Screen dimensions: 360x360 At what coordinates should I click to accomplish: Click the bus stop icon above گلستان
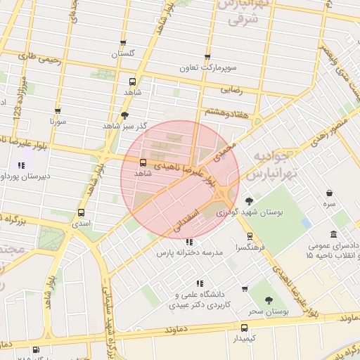(x=123, y=44)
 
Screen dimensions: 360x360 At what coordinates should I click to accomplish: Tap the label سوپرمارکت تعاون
(x=207, y=67)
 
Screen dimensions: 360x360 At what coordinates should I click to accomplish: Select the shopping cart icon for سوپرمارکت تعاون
(x=207, y=57)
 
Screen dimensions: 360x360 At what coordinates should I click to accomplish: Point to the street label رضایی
(x=232, y=89)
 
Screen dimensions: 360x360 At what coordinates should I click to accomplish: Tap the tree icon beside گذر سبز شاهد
(x=125, y=115)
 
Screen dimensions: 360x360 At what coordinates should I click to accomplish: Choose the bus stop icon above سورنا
(x=57, y=111)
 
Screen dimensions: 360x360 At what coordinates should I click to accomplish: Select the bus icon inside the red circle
(x=143, y=162)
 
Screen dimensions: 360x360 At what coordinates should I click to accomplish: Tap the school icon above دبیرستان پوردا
(x=22, y=166)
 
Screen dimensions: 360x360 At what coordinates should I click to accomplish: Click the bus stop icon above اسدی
(x=81, y=212)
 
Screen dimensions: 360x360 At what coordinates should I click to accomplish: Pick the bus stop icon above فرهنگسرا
(x=250, y=237)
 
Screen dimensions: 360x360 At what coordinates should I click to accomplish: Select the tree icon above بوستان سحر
(x=269, y=300)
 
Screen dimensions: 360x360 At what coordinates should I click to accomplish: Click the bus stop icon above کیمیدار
(x=244, y=328)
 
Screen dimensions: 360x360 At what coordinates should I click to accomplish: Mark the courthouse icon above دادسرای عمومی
(x=334, y=235)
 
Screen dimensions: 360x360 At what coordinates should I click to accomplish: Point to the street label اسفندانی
(x=186, y=221)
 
